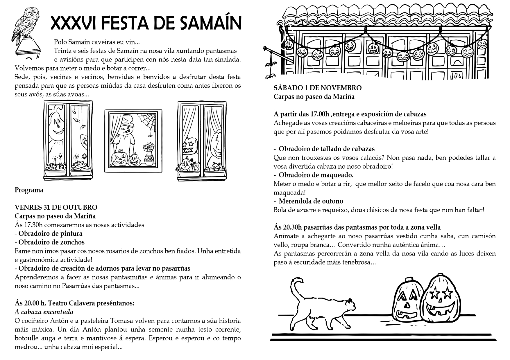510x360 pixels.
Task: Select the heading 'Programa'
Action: pyautogui.click(x=29, y=190)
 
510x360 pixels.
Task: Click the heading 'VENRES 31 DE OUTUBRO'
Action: pyautogui.click(x=56, y=207)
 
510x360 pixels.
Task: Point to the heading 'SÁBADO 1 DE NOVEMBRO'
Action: pyautogui.click(x=318, y=88)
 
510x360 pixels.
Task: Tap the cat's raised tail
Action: pyautogui.click(x=296, y=290)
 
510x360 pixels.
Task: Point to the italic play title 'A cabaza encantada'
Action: pyautogui.click(x=44, y=312)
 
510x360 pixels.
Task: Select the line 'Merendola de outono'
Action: pyautogui.click(x=311, y=201)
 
